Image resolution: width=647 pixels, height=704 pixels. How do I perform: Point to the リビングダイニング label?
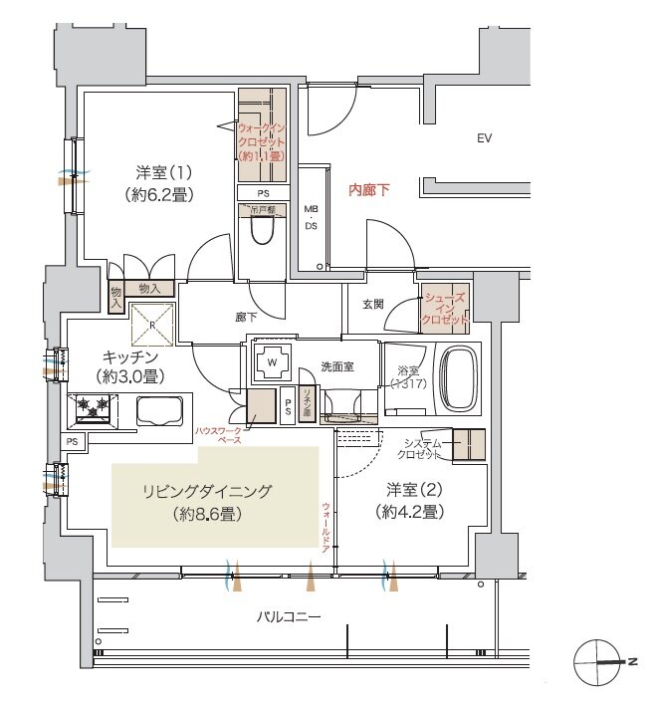207,492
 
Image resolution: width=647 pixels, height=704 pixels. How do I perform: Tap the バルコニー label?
289,617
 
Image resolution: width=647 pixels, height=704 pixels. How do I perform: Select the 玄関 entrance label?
373,305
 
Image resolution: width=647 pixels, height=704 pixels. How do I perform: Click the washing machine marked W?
271,362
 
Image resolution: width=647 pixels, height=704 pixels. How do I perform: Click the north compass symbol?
601,660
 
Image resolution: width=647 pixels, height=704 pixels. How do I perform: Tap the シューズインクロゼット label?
445,309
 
